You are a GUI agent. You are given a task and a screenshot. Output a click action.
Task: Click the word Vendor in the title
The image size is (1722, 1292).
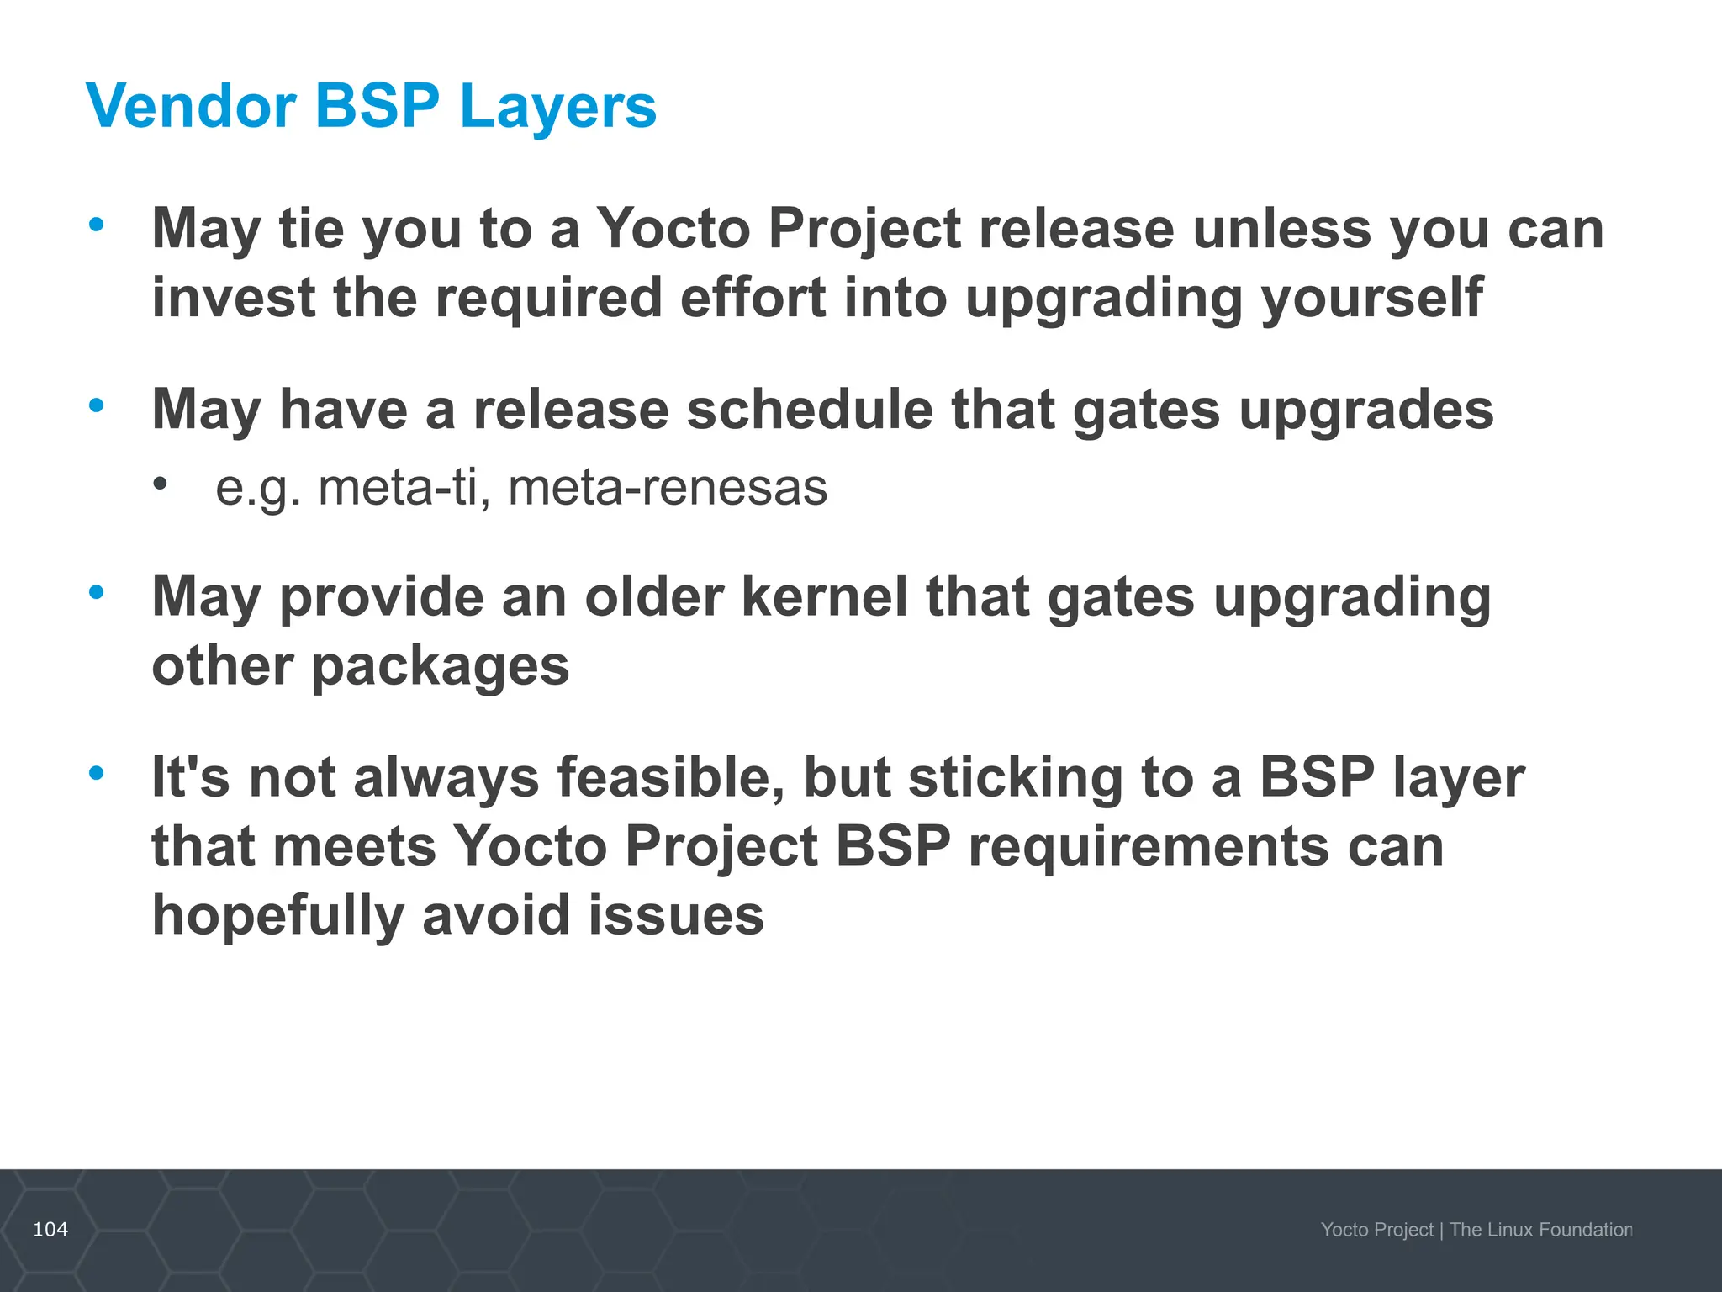pos(191,107)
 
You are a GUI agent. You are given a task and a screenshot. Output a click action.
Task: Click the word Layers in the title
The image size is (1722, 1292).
pos(558,107)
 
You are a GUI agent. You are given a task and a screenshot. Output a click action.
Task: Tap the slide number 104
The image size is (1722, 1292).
pos(50,1229)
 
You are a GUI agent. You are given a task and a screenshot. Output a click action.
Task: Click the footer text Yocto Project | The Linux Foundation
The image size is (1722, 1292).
pos(1476,1230)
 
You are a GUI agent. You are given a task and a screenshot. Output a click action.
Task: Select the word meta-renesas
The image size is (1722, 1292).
pos(668,488)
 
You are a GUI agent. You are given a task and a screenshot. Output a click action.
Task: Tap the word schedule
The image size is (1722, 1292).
pos(809,410)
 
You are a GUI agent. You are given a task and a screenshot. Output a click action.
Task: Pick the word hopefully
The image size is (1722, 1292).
pos(277,917)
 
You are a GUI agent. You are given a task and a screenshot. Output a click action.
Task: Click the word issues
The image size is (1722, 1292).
pos(676,915)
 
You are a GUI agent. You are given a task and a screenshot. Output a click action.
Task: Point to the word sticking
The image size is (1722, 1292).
pos(1016,777)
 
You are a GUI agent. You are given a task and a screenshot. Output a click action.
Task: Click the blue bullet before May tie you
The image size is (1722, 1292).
pos(97,225)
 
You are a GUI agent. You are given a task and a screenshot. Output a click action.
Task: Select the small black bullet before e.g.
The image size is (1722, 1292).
pos(160,484)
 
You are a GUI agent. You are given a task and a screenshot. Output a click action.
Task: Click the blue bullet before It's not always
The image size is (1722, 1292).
pos(97,772)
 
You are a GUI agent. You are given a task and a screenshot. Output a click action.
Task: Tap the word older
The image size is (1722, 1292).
pos(654,597)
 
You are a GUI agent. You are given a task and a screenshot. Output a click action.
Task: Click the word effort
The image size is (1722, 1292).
pos(753,298)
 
